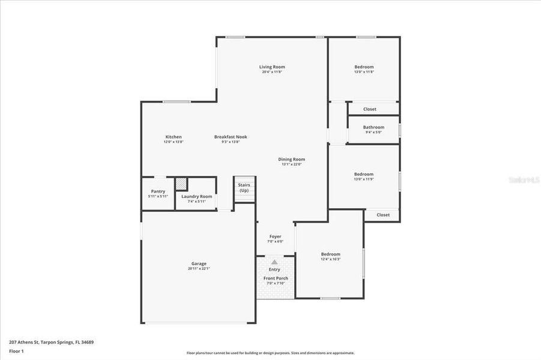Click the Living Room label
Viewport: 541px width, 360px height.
(x=272, y=67)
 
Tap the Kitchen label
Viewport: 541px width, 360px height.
(x=174, y=137)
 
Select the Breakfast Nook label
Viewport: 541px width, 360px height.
(x=231, y=137)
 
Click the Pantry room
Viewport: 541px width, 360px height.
(x=158, y=193)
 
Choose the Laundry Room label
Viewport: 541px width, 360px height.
(x=197, y=197)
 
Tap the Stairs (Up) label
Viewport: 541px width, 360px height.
(x=244, y=188)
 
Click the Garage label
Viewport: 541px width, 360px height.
(x=199, y=264)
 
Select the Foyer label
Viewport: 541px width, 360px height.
(x=275, y=237)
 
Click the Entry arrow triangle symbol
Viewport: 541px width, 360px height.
(x=274, y=262)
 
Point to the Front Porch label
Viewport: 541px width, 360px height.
(x=276, y=278)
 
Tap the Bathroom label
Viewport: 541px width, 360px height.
(x=373, y=127)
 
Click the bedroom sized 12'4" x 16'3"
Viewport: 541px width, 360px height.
(x=330, y=254)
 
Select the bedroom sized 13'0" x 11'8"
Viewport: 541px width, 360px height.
(x=364, y=67)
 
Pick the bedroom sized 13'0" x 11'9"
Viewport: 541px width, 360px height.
(x=364, y=175)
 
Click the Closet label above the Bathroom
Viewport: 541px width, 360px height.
(x=370, y=109)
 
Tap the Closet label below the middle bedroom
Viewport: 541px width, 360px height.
(x=383, y=215)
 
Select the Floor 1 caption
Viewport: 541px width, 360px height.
(x=16, y=351)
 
